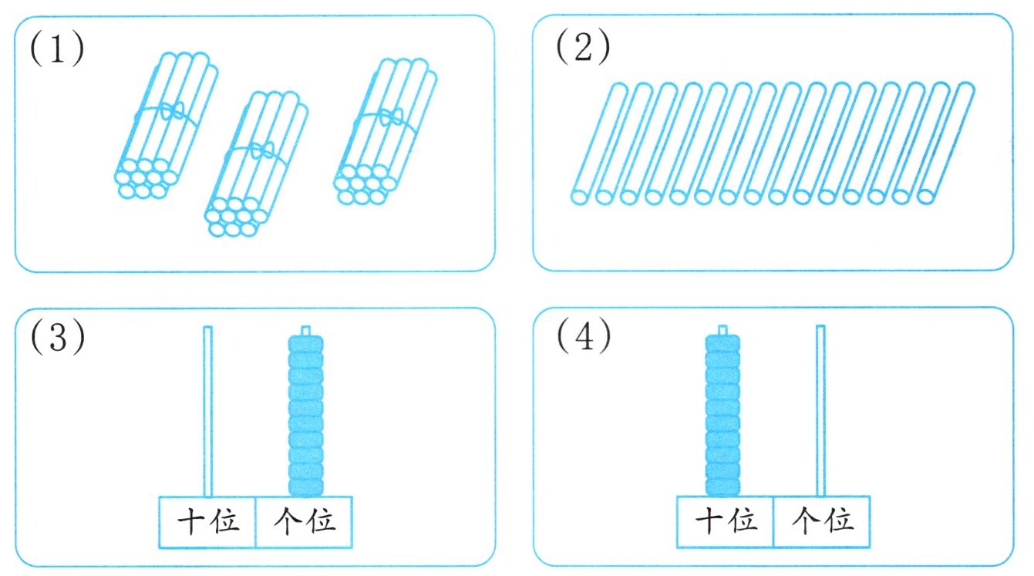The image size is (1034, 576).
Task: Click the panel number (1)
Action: [x=56, y=50]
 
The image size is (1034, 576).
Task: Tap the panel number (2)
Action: [x=583, y=50]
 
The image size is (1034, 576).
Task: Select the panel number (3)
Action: [x=56, y=339]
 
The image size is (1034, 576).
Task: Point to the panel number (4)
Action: [x=583, y=339]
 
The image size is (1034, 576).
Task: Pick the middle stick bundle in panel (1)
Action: [x=257, y=162]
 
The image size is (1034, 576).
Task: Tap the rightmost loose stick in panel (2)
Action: [x=945, y=143]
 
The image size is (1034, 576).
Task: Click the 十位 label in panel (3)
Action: [x=207, y=522]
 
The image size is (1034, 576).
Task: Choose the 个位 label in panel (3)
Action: [x=305, y=522]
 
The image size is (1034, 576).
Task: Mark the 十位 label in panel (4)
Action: [x=725, y=522]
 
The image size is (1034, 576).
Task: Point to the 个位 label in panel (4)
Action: [x=822, y=522]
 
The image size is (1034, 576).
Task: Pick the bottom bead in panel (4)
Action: [x=722, y=487]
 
